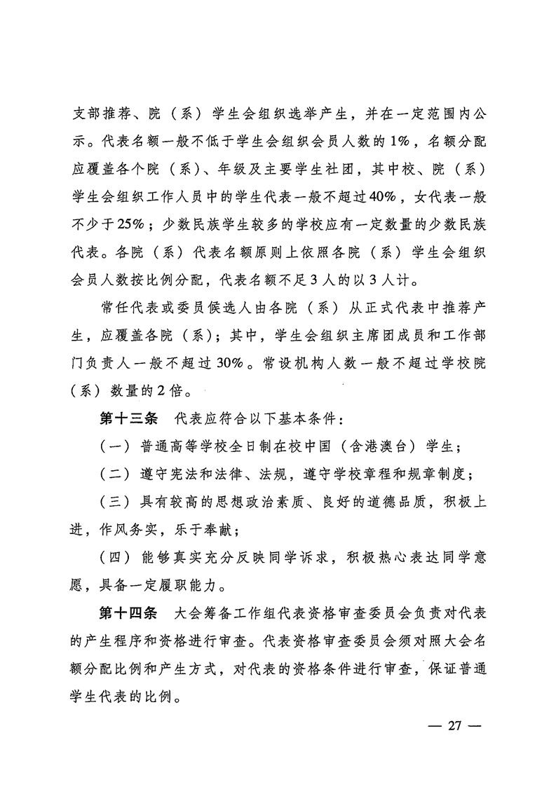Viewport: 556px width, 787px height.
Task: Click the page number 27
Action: coord(454,725)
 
